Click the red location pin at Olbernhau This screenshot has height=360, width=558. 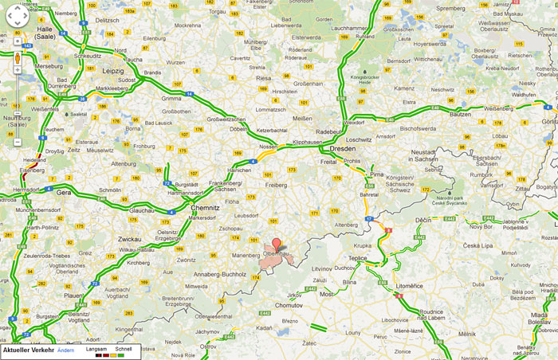pyautogui.click(x=277, y=245)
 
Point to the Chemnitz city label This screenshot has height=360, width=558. pyautogui.click(x=206, y=205)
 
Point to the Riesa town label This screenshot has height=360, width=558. pyautogui.click(x=264, y=79)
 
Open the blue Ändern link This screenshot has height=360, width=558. pyautogui.click(x=65, y=350)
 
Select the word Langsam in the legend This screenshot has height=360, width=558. pyautogui.click(x=96, y=349)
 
